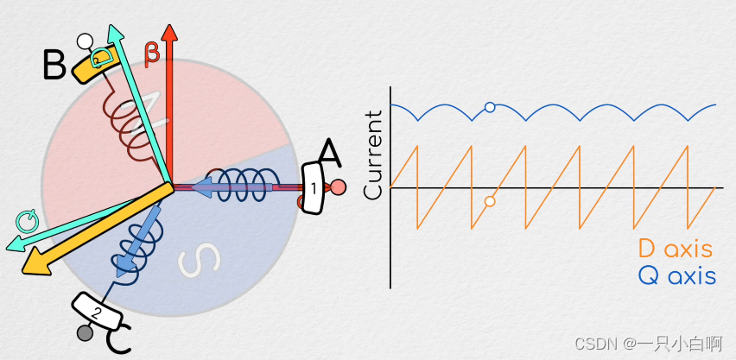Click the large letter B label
[54, 64]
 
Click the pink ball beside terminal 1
[339, 186]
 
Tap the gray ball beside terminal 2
[85, 332]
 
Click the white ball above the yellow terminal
[85, 41]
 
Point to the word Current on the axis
[373, 155]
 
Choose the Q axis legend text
[676, 277]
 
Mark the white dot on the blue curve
[490, 107]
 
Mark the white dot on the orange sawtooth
[490, 201]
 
